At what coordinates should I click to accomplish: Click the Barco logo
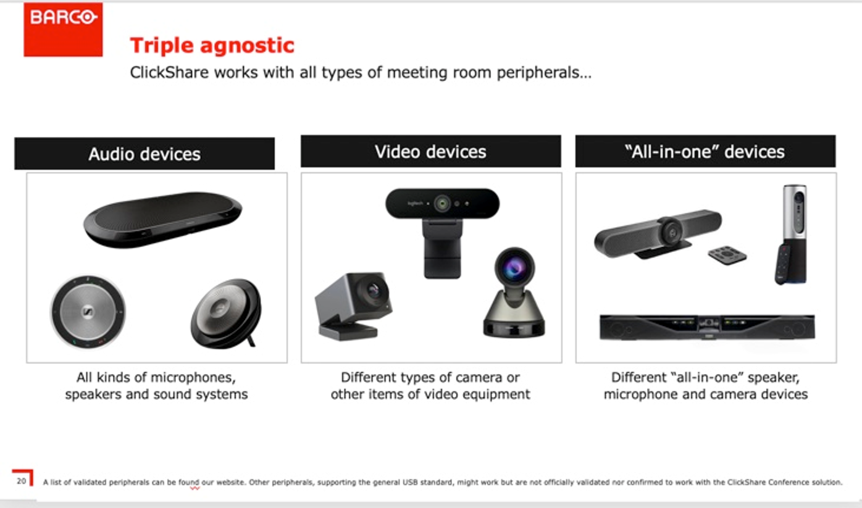[x=63, y=30]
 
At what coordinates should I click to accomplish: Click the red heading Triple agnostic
[x=212, y=46]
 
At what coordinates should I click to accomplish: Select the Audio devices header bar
[x=144, y=154]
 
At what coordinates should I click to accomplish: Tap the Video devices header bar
[x=430, y=151]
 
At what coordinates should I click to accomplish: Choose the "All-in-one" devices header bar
[x=705, y=151]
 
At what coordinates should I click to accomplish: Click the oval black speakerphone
[x=163, y=219]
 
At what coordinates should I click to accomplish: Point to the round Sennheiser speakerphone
[x=88, y=312]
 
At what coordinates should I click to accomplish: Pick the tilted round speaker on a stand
[x=226, y=314]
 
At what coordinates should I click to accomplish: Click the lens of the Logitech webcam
[x=442, y=203]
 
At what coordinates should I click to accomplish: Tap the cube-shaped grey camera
[x=353, y=306]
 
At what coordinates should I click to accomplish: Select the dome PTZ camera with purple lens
[x=514, y=293]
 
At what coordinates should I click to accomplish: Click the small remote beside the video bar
[x=727, y=255]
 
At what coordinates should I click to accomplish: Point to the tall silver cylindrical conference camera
[x=792, y=235]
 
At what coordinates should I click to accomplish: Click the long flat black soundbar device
[x=707, y=327]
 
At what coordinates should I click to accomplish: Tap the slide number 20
[x=22, y=481]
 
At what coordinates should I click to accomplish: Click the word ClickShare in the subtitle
[x=169, y=72]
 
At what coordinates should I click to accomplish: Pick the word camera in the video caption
[x=479, y=377]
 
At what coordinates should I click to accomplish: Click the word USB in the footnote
[x=411, y=482]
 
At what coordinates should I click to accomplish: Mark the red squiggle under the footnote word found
[x=195, y=488]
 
